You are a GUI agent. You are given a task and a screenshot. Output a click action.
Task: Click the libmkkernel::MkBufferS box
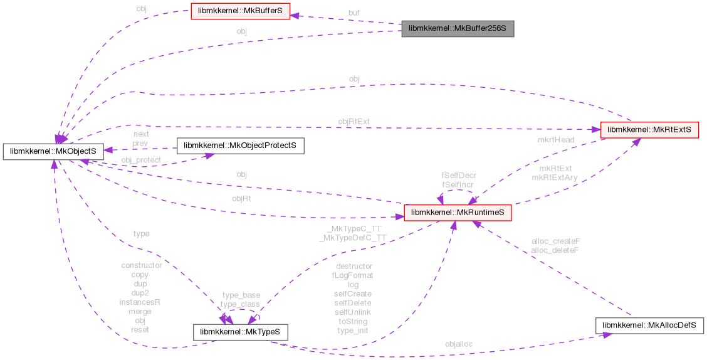click(x=240, y=12)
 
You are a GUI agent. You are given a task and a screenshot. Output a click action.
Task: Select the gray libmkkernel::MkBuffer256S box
click(x=458, y=29)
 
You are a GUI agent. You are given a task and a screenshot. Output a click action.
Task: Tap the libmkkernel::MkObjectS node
click(x=53, y=151)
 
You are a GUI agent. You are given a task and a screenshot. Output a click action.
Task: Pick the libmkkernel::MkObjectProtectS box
click(x=241, y=146)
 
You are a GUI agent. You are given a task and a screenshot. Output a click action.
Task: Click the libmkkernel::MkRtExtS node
click(x=649, y=130)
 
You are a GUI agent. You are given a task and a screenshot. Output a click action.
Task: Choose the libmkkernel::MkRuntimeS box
click(x=458, y=213)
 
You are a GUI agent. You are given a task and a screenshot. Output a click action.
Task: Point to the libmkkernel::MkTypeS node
click(x=240, y=331)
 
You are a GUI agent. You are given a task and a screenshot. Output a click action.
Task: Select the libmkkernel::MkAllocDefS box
click(x=650, y=326)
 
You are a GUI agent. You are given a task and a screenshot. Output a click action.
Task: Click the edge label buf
click(x=354, y=12)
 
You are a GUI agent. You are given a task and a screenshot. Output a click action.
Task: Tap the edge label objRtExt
click(x=355, y=121)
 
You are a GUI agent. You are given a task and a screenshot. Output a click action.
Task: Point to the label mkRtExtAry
click(x=555, y=177)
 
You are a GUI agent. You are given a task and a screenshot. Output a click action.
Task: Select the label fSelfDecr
click(x=458, y=176)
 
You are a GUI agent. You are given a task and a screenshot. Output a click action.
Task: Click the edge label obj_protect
click(x=141, y=160)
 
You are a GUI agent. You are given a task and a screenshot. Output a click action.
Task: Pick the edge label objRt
click(x=242, y=198)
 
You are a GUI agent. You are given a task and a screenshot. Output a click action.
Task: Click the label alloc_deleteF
click(x=555, y=250)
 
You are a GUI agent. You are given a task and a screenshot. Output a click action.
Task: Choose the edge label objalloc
click(x=459, y=344)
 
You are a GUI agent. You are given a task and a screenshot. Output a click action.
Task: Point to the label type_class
click(x=240, y=304)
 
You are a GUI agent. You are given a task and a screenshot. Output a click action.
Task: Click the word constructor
click(x=141, y=265)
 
